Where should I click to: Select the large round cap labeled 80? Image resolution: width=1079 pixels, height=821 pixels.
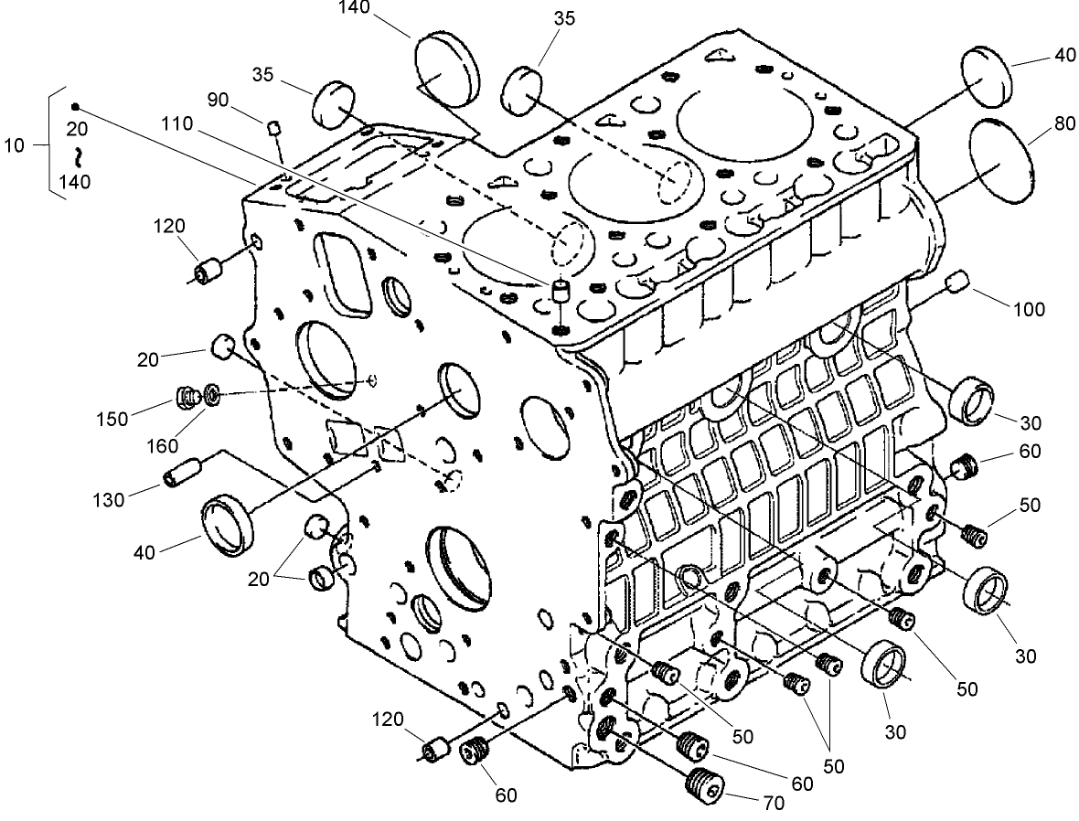999,162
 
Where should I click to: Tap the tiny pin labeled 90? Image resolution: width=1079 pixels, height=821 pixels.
272,128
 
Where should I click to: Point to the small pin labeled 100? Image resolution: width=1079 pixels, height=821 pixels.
957,282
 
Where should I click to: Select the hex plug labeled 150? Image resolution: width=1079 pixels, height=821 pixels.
188,398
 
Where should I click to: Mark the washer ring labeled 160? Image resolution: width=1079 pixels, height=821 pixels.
211,395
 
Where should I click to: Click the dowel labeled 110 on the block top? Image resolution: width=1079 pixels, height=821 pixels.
561,291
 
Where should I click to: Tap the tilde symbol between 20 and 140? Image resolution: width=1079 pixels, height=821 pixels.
79,154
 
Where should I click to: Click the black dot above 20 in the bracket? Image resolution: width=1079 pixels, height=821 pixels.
76,107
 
